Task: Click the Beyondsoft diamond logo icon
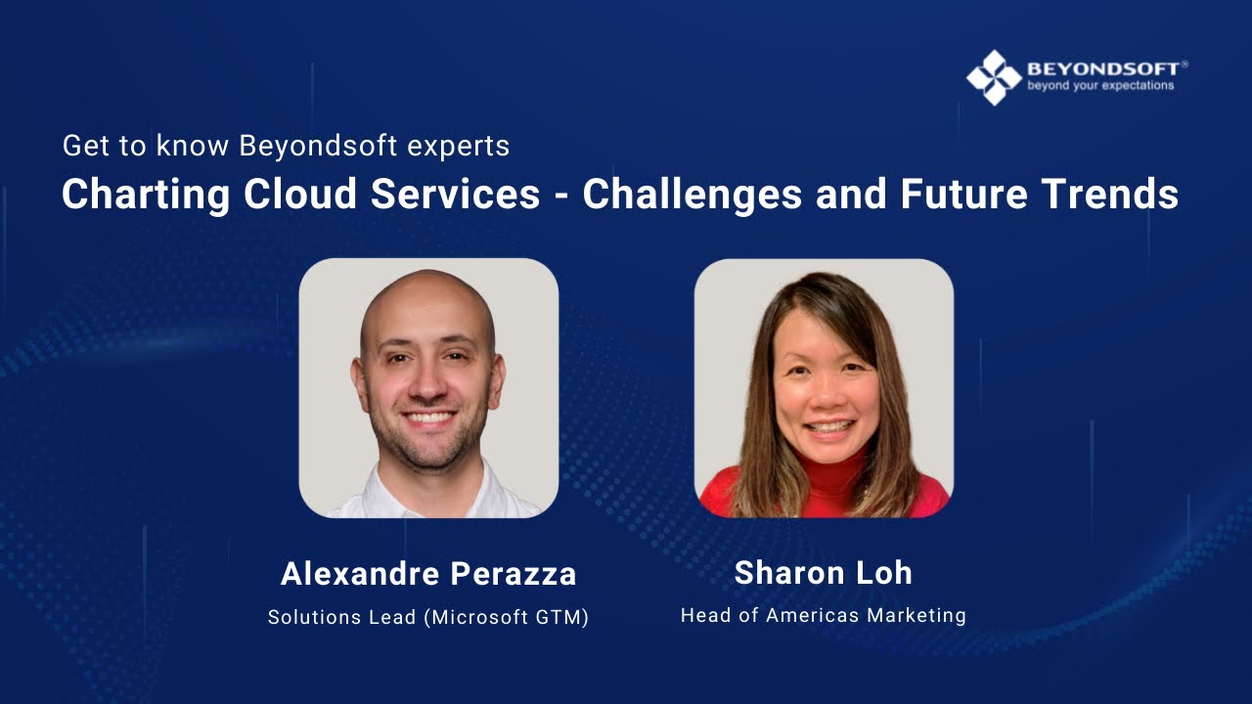click(994, 77)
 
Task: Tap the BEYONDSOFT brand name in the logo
click(1102, 68)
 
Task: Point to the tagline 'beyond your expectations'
click(1100, 86)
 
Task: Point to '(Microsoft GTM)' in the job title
click(507, 618)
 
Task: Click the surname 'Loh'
click(884, 573)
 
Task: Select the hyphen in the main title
click(561, 196)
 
